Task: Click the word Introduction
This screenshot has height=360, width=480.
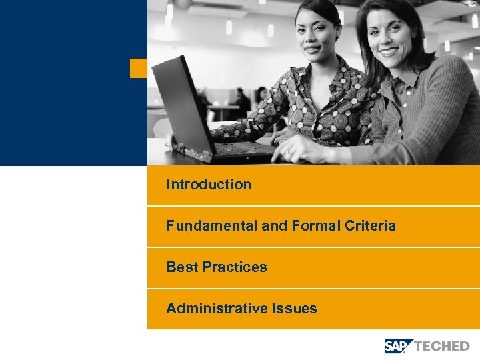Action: click(209, 185)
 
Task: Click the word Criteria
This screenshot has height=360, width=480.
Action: click(370, 226)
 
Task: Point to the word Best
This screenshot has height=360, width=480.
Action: click(182, 267)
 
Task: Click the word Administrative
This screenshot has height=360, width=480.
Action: click(217, 309)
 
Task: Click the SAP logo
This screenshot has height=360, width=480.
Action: click(399, 345)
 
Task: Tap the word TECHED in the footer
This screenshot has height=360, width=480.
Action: click(442, 346)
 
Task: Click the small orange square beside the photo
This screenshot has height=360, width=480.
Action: click(138, 68)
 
